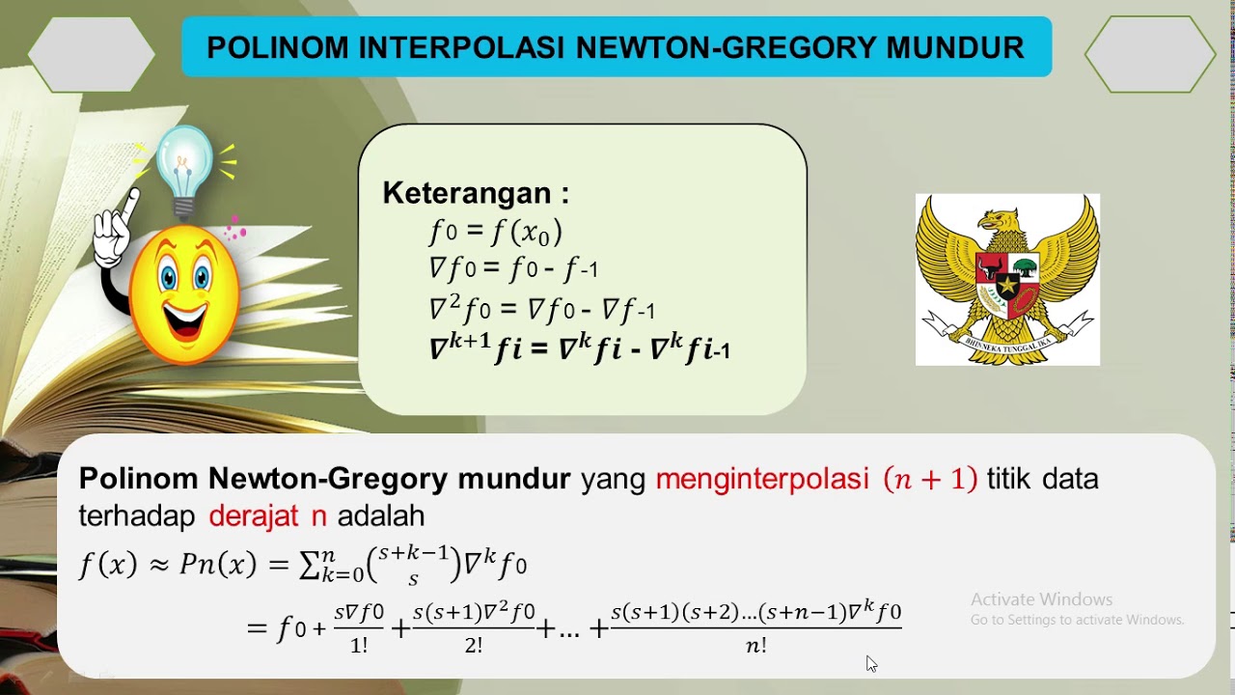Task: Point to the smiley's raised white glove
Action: point(114,232)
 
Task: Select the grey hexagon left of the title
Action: point(92,55)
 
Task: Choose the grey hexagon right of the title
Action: point(1149,55)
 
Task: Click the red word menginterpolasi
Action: point(762,479)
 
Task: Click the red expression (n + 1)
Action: point(930,479)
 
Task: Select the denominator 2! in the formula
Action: point(473,646)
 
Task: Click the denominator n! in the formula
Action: point(756,646)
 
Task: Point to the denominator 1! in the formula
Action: point(359,646)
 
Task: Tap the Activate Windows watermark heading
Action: point(1041,599)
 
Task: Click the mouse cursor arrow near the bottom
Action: point(870,662)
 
